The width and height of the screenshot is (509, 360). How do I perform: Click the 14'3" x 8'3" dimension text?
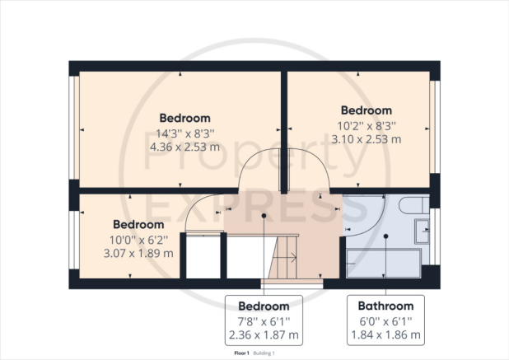tap(185, 133)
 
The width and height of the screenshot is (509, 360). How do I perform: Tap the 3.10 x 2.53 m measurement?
tap(367, 139)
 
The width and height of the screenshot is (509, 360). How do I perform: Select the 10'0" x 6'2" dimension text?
tap(138, 241)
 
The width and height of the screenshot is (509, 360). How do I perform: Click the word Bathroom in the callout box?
tap(385, 306)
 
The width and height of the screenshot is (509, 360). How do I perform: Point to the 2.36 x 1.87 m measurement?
tap(264, 334)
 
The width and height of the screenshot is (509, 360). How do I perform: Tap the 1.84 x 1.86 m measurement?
tap(385, 334)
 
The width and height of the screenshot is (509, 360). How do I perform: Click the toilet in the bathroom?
tap(414, 205)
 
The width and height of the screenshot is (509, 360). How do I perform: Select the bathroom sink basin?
tap(422, 231)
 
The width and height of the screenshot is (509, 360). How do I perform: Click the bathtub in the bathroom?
tap(384, 264)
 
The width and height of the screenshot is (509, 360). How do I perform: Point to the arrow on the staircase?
tap(285, 258)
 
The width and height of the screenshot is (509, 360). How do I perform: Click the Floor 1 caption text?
tap(241, 353)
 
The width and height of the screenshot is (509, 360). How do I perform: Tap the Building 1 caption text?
tap(264, 353)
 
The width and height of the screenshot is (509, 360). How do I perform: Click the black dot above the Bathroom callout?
tap(385, 236)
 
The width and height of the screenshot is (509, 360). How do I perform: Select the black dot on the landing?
tap(264, 216)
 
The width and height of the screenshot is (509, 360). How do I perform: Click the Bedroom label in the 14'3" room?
tap(185, 118)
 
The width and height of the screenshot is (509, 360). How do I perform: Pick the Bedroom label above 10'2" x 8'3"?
tap(367, 110)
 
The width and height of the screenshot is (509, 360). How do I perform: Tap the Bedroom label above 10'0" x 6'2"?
tap(138, 224)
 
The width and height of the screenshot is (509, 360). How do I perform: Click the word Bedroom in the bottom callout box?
tap(264, 306)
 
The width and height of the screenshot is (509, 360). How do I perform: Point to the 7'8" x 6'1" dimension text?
tap(264, 321)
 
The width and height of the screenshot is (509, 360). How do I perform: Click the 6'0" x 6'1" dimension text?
tap(385, 321)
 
